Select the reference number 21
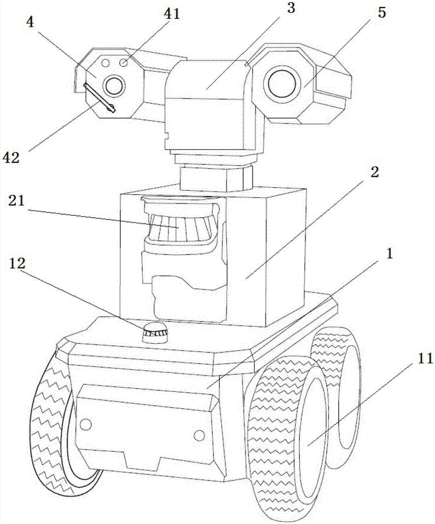tap(17, 202)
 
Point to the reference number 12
tap(17, 264)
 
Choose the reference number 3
tap(291, 8)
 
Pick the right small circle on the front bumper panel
tap(199, 435)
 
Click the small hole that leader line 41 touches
tap(124, 62)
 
